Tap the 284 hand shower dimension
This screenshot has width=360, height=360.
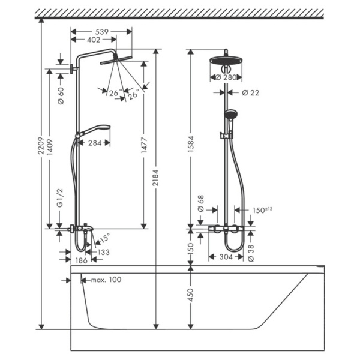pos(95,143)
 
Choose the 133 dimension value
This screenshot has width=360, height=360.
pos(103,253)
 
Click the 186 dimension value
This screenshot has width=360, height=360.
pos(80,260)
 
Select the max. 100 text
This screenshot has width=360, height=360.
pos(104,280)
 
